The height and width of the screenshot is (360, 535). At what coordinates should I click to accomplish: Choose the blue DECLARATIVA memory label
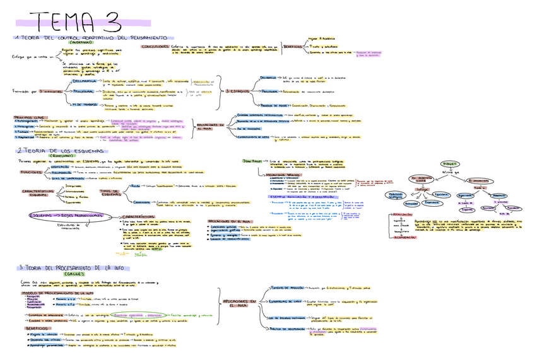[x=85, y=81]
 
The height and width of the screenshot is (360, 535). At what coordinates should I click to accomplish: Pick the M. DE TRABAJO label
[x=83, y=105]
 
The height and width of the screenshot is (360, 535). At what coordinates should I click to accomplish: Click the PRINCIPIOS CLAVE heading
[x=28, y=117]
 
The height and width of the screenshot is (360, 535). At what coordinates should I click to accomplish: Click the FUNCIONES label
[x=31, y=171]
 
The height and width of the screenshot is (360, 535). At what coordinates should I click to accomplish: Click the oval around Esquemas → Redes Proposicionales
[x=64, y=216]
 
